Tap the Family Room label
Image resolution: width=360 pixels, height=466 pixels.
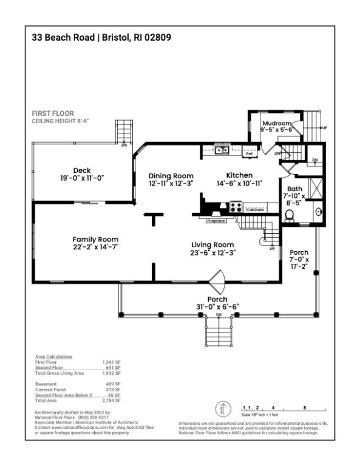click(95, 239)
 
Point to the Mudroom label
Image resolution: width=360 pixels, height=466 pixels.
click(276, 123)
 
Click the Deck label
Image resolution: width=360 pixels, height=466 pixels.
click(82, 170)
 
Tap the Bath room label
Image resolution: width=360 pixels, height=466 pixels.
click(295, 189)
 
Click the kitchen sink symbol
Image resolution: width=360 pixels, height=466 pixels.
click(221, 150)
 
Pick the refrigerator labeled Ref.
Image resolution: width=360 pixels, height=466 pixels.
click(250, 154)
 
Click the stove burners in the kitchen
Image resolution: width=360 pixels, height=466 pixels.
click(235, 207)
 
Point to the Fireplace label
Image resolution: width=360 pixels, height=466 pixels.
click(216, 221)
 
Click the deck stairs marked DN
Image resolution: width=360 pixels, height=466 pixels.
click(124, 131)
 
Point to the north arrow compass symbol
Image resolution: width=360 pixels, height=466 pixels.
click(222, 410)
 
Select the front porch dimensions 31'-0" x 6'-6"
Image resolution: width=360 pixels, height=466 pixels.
click(217, 308)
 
